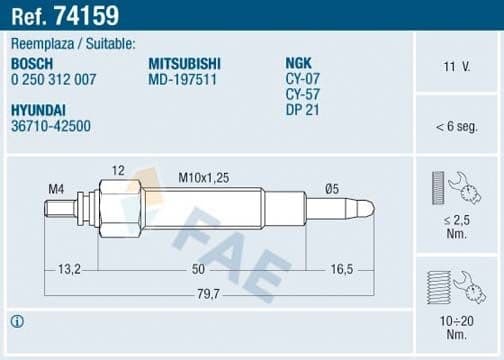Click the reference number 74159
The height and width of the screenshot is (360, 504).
87,16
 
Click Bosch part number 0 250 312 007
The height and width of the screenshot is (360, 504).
54,79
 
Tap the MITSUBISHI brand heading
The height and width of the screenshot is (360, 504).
185,63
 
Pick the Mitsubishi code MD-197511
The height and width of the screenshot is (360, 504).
180,79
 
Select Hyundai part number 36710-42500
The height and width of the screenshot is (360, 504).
51,127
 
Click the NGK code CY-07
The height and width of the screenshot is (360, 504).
302,79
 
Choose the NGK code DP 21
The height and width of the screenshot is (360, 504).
302,110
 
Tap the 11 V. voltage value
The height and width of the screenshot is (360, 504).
456,67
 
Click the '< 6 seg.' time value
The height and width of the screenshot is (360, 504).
456,127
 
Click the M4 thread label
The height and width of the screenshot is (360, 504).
55,187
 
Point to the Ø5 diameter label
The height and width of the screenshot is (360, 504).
331,187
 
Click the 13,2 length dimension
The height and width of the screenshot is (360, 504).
70,270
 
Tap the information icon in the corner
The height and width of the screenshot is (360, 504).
16,321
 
